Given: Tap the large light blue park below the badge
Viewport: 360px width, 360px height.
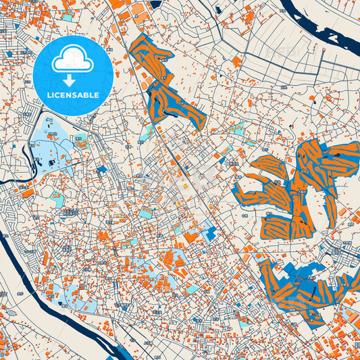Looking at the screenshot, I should pyautogui.click(x=51, y=145).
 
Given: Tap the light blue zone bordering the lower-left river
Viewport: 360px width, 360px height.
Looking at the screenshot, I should pyautogui.click(x=74, y=297).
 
